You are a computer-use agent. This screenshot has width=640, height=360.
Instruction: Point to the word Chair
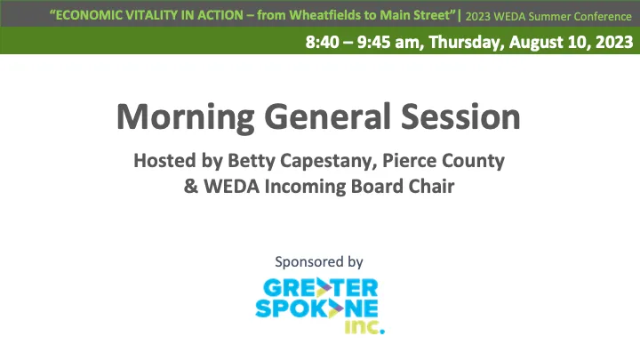(430, 188)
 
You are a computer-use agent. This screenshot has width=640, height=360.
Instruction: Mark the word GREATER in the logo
(321, 288)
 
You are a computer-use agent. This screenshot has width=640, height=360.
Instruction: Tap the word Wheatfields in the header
(309, 15)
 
